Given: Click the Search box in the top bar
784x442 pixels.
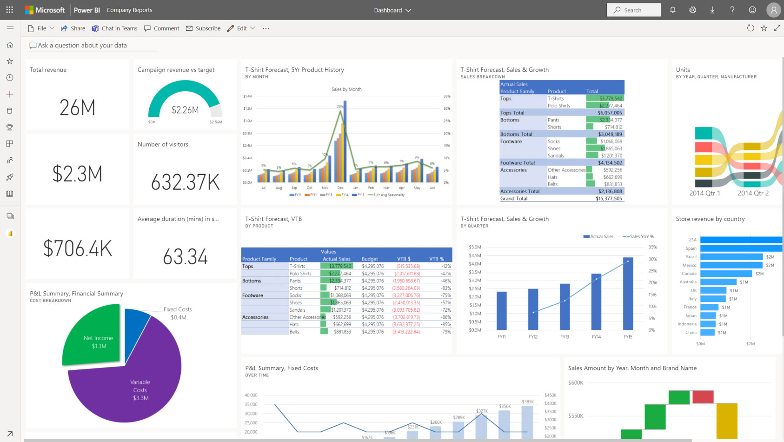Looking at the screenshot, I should tap(633, 10).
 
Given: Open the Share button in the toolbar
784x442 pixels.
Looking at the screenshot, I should tap(73, 28).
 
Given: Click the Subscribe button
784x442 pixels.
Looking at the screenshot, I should tap(203, 28).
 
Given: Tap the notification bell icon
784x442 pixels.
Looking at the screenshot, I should tap(672, 10).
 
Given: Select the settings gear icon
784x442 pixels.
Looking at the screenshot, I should tap(692, 10).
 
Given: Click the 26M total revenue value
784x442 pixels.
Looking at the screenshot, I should tap(77, 107).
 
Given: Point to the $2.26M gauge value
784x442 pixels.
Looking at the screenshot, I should tap(185, 110).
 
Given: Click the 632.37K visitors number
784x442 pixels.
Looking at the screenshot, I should tap(185, 182).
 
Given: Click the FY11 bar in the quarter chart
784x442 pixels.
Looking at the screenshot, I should tap(501, 310).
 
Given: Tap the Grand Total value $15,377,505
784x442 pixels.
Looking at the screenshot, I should tap(609, 199).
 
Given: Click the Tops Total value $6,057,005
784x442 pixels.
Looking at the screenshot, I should tap(610, 113).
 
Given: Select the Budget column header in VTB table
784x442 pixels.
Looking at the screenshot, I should tap(370, 259).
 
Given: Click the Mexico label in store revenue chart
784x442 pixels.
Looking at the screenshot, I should tap(689, 265).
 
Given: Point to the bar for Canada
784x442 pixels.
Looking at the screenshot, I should tap(725, 274).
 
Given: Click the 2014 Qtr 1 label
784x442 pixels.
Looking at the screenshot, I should tap(704, 193).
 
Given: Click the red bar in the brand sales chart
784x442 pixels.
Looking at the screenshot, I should tap(703, 397).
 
